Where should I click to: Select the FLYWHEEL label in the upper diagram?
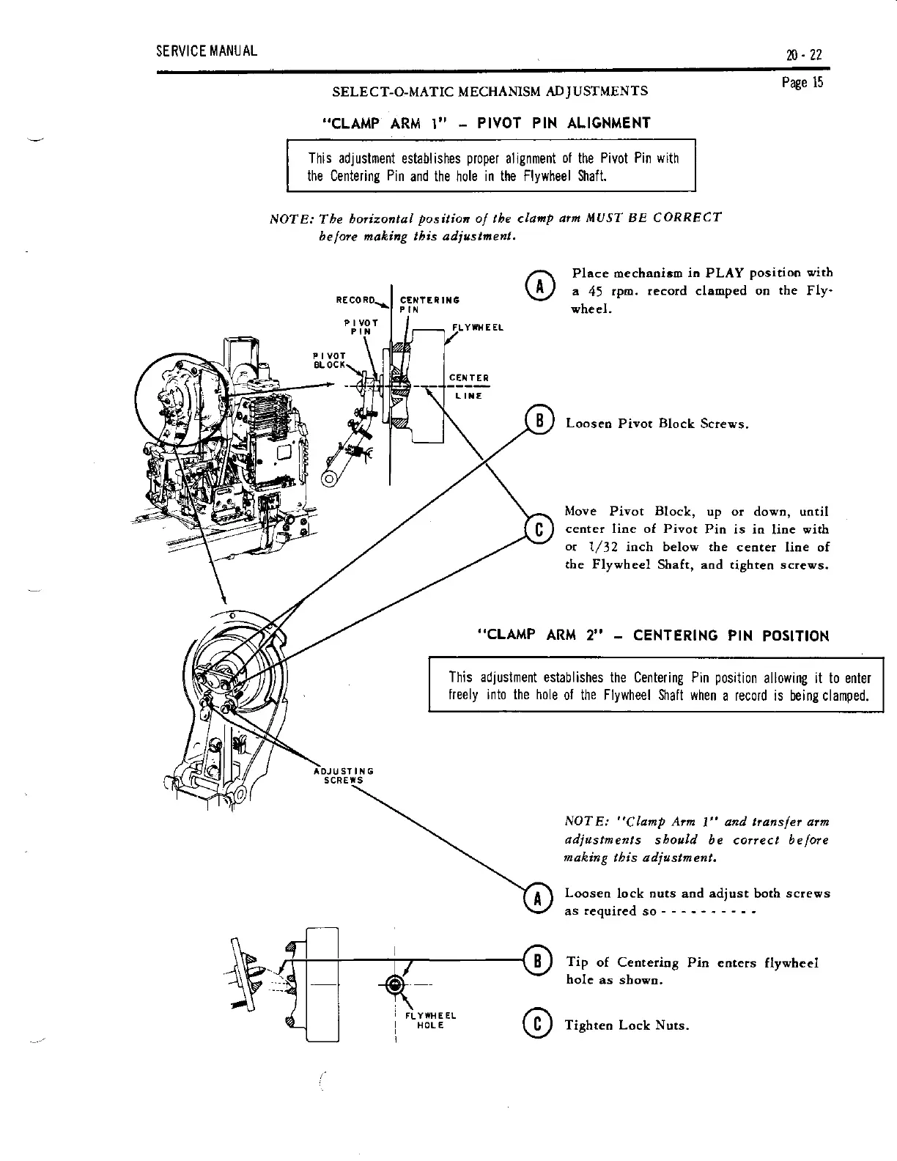(x=476, y=328)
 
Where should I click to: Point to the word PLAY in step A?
(x=726, y=273)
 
